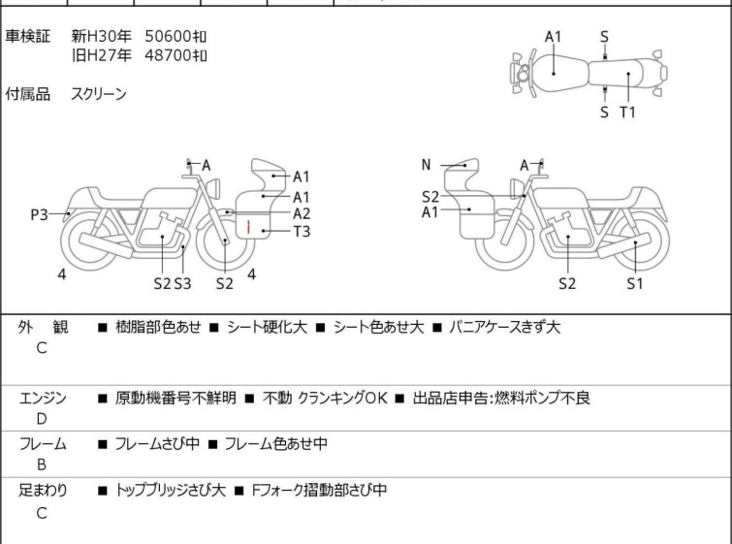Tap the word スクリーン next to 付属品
pyautogui.click(x=99, y=94)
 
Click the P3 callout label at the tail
pyautogui.click(x=39, y=214)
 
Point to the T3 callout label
pyautogui.click(x=302, y=231)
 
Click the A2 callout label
pyautogui.click(x=302, y=213)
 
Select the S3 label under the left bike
pyautogui.click(x=183, y=283)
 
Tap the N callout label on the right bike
pyautogui.click(x=426, y=165)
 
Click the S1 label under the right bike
pyautogui.click(x=634, y=283)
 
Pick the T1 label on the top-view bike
pyautogui.click(x=627, y=112)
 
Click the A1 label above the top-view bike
pyautogui.click(x=553, y=37)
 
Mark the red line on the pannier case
pyautogui.click(x=248, y=227)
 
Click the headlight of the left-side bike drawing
pyautogui.click(x=213, y=188)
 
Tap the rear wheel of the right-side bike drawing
pyautogui.click(x=642, y=240)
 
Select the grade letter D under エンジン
pyautogui.click(x=42, y=419)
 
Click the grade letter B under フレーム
pyautogui.click(x=42, y=464)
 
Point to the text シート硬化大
pyautogui.click(x=267, y=327)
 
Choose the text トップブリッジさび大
pyautogui.click(x=171, y=490)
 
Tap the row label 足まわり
pyautogui.click(x=43, y=490)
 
